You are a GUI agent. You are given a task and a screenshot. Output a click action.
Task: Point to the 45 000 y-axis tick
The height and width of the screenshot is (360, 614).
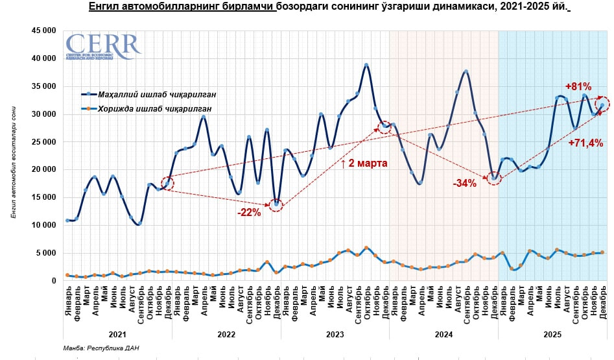coord(43,30)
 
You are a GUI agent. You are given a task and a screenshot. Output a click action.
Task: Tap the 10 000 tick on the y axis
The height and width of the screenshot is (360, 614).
coord(43,225)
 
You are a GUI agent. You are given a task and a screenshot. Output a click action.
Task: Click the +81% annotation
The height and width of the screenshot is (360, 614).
coord(578,86)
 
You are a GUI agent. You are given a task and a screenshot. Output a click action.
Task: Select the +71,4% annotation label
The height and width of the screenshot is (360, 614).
coord(586,143)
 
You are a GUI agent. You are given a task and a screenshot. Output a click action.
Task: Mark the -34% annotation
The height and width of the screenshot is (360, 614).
coord(465,184)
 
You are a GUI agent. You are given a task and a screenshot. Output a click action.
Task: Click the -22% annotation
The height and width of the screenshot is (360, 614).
coord(248,213)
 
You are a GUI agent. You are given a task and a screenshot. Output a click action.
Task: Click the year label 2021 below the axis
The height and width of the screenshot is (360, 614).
coord(117,335)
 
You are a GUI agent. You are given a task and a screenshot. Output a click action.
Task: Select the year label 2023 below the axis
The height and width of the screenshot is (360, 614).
coord(335,335)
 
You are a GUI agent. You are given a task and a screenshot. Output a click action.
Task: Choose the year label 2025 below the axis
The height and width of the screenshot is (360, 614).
coord(552,335)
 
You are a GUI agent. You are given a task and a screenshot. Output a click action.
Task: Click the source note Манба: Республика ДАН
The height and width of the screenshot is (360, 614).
coord(100,348)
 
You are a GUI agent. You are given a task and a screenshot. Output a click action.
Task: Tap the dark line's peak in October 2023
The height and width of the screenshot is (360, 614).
coord(366,65)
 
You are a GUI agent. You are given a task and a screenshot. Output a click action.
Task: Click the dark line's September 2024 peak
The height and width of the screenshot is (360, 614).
coord(466,71)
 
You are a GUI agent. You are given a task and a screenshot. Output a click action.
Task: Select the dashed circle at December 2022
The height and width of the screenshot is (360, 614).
coord(277,205)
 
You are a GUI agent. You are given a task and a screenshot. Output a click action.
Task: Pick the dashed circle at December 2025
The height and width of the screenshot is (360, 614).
coord(602,104)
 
